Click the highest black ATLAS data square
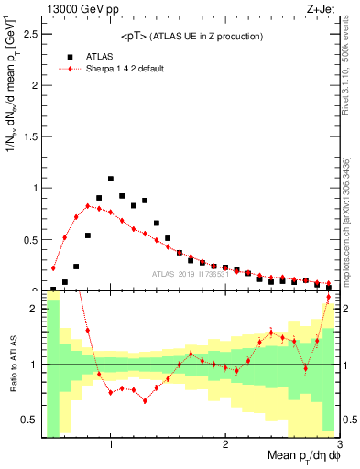111,179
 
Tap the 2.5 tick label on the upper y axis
32,35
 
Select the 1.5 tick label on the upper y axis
32,137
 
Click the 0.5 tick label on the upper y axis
32,240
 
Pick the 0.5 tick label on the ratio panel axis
32,420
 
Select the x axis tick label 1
111,445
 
